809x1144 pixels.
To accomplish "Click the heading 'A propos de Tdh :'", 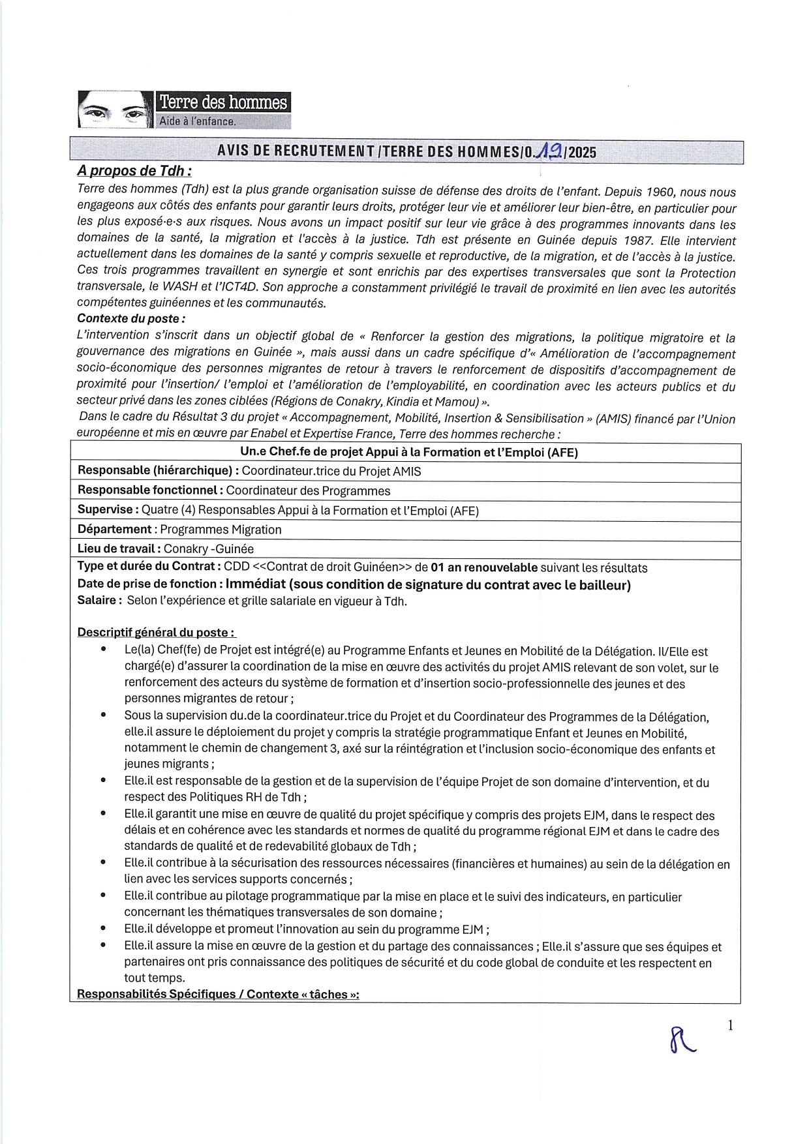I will [x=134, y=171].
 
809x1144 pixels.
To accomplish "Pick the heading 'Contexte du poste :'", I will [x=131, y=319].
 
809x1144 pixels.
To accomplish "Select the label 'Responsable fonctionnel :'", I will [x=151, y=490].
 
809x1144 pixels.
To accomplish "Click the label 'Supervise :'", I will [x=108, y=510].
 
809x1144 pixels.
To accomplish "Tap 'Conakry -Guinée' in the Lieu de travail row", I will [x=209, y=549].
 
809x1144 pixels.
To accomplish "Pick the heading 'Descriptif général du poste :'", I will [x=157, y=632].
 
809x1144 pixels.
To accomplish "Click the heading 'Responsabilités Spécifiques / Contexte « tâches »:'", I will [x=218, y=994].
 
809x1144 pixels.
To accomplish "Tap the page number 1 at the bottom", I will [x=731, y=1026].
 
